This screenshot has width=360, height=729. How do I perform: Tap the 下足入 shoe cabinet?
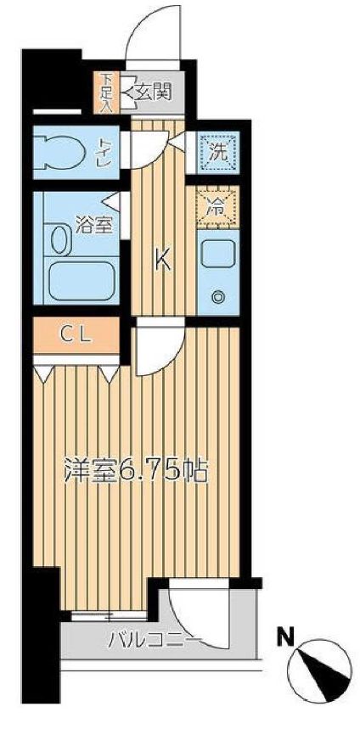click(x=106, y=91)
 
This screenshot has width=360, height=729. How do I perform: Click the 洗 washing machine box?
click(x=214, y=155)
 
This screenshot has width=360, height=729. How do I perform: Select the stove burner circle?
click(x=217, y=297)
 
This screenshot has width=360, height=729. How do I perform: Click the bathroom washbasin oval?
click(x=59, y=239)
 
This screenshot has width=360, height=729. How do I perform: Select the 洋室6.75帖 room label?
click(x=135, y=471)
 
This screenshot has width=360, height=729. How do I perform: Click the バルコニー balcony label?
click(x=153, y=638)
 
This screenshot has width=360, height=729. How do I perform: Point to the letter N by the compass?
click(x=287, y=635)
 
